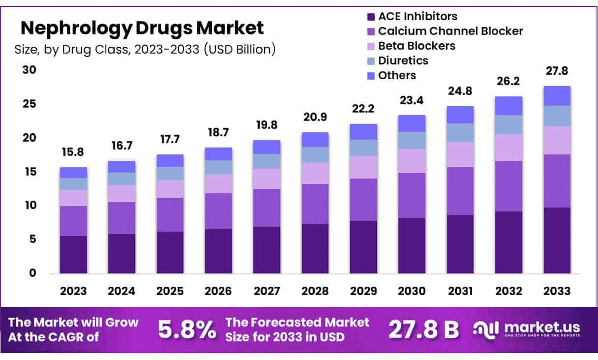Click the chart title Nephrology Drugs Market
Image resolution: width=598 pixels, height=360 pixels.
[142, 28]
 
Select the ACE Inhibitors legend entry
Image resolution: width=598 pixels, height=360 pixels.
[418, 16]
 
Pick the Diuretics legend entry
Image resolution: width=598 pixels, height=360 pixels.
[403, 60]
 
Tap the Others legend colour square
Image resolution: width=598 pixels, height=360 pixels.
[371, 76]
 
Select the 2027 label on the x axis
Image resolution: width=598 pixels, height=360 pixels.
[267, 291]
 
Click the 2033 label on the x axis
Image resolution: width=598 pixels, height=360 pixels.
[557, 291]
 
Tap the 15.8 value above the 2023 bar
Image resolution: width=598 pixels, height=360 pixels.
[73, 152]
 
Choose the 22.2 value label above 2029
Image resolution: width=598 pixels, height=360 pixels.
[363, 109]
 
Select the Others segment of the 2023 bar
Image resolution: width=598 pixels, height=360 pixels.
[73, 173]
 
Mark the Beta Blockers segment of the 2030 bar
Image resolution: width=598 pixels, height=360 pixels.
[412, 161]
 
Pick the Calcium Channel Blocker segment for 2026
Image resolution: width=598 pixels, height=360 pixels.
[218, 211]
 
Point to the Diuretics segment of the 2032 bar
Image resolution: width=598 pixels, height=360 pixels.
[508, 124]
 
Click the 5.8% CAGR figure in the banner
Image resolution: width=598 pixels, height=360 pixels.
[186, 330]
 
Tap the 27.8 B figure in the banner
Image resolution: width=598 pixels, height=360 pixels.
[423, 330]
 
